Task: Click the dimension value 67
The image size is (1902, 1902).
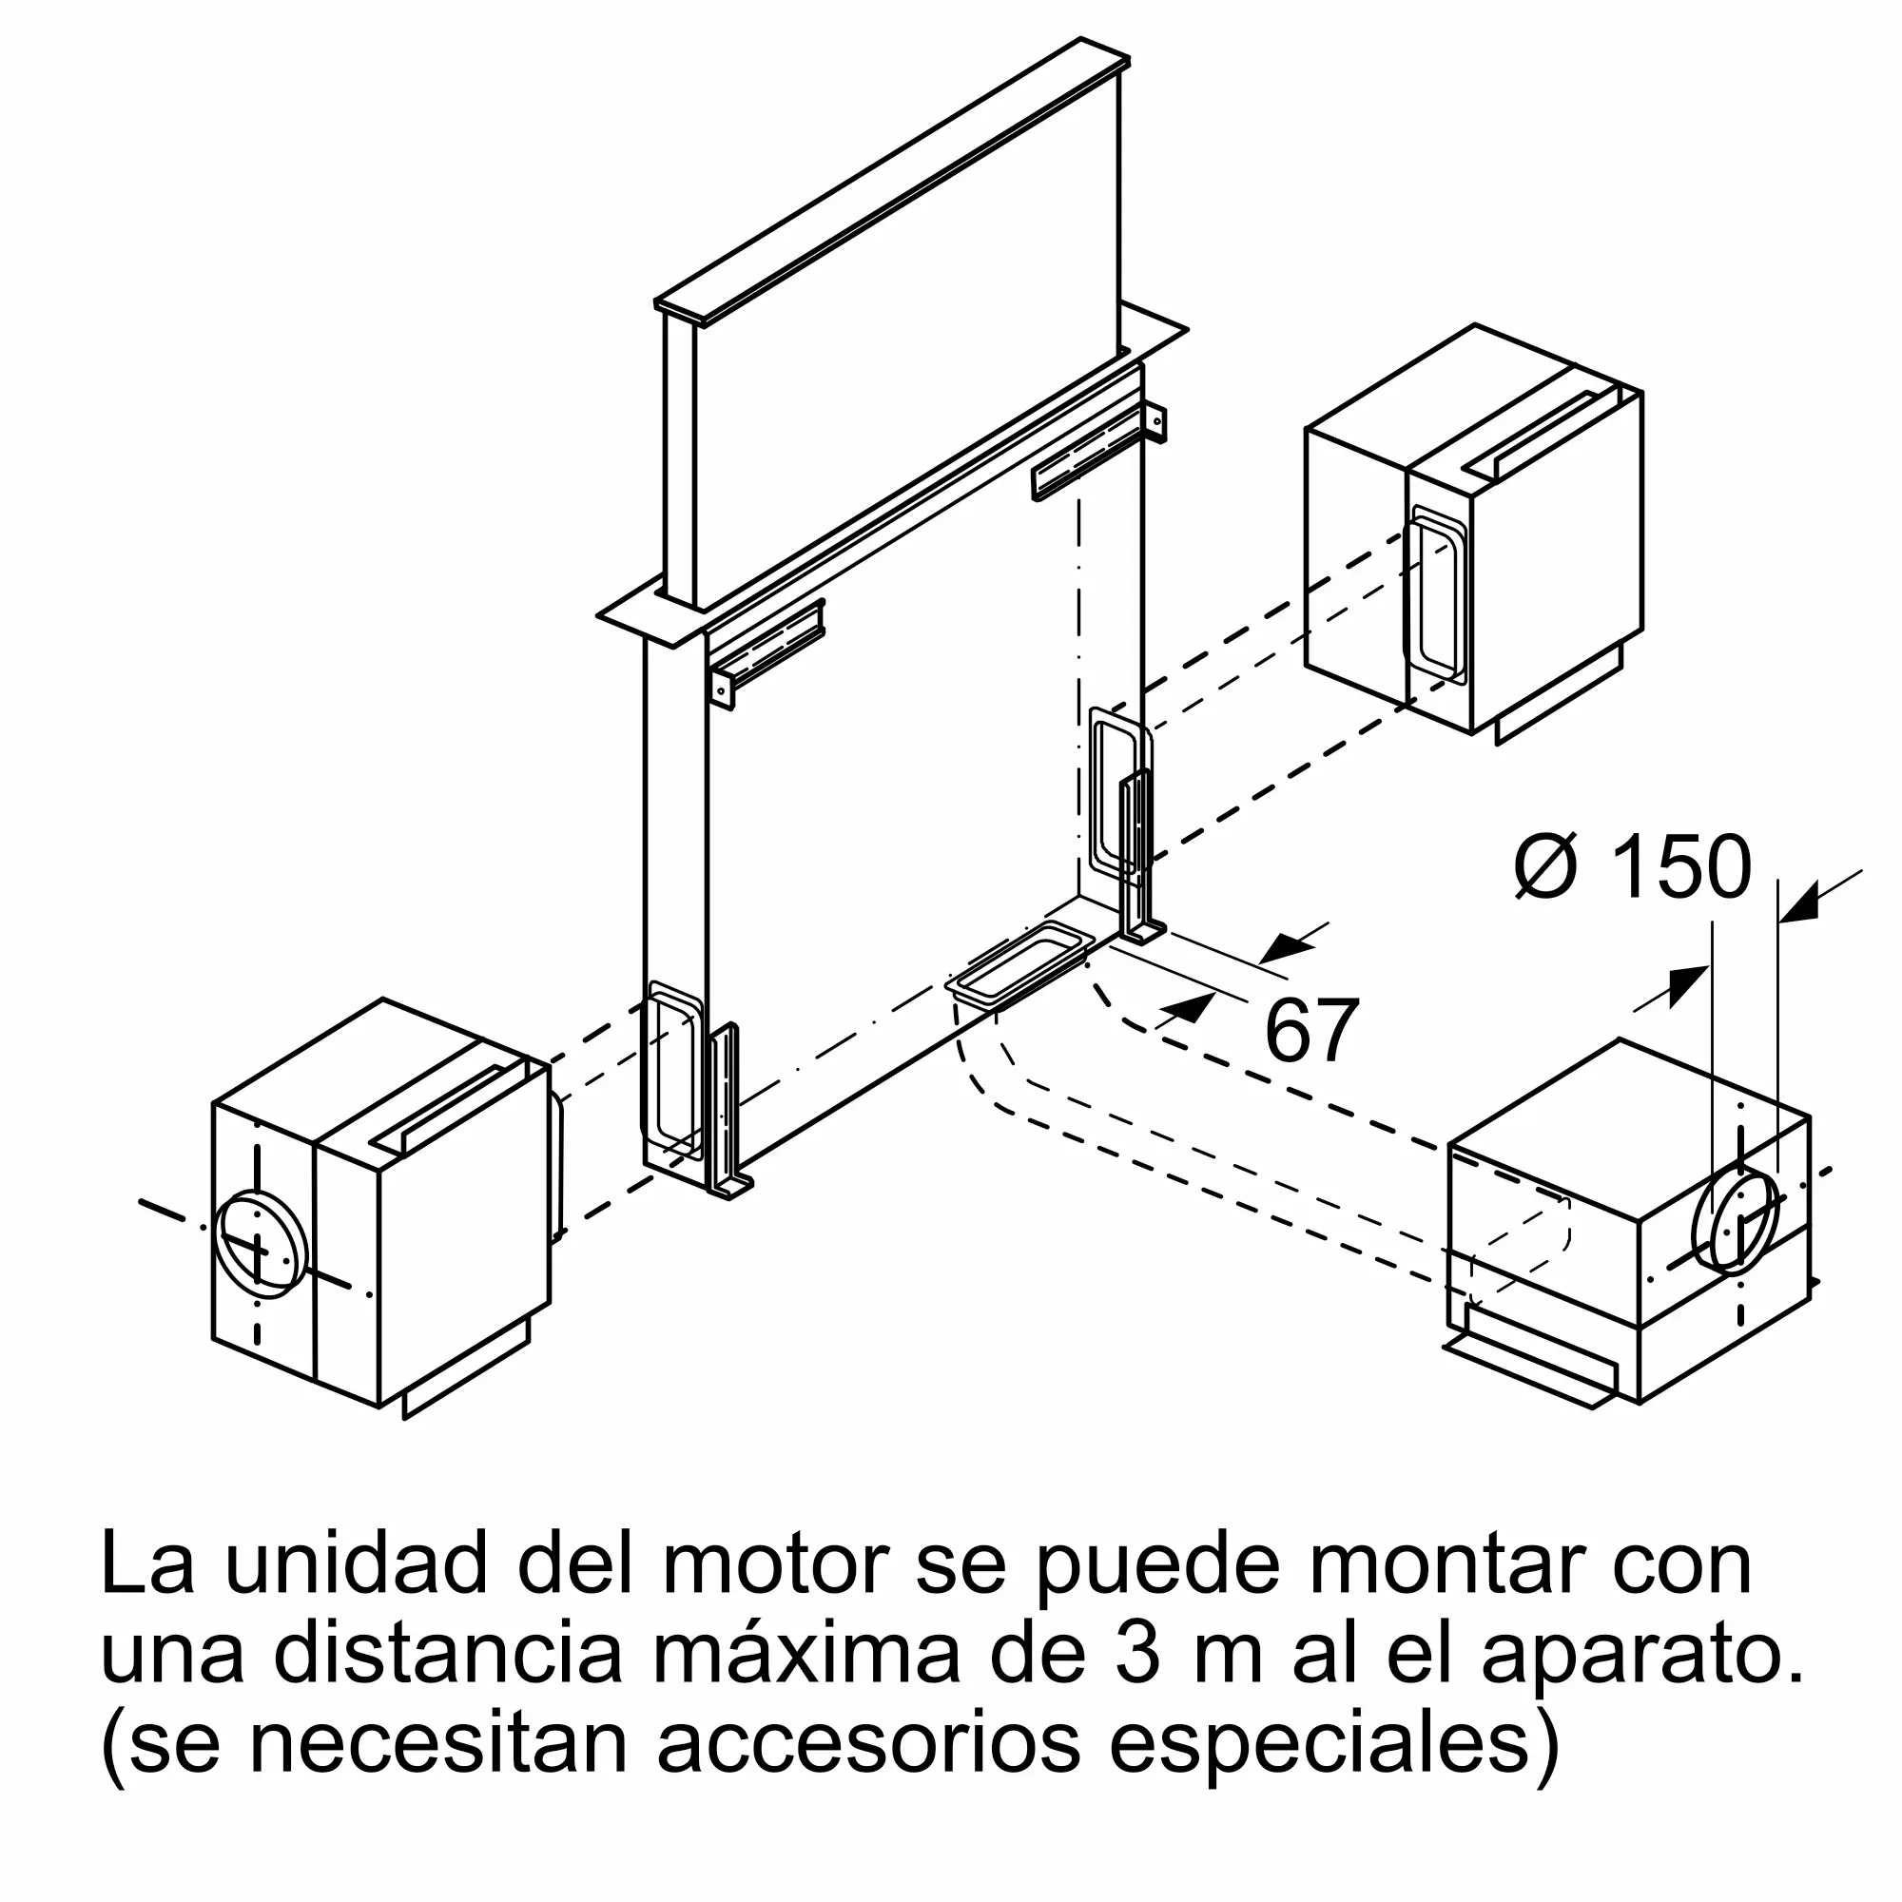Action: (x=1311, y=1031)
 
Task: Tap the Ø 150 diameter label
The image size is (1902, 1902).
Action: (x=1633, y=867)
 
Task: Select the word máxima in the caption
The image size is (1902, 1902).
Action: (x=806, y=1656)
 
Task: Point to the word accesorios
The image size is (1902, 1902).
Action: (x=870, y=1744)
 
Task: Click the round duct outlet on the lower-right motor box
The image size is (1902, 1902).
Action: (x=1735, y=1220)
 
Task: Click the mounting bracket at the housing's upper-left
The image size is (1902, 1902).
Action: (x=766, y=651)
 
